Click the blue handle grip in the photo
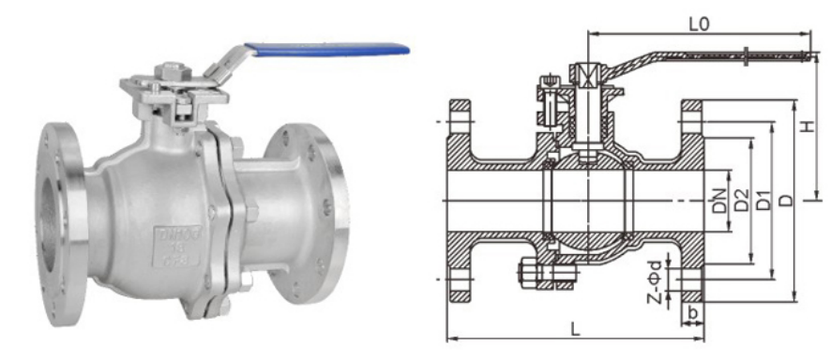pos(328,47)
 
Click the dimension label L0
pos(697,24)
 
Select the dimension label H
pos(808,127)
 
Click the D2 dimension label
pos(742,199)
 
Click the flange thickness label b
pos(692,310)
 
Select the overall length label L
pos(574,328)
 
